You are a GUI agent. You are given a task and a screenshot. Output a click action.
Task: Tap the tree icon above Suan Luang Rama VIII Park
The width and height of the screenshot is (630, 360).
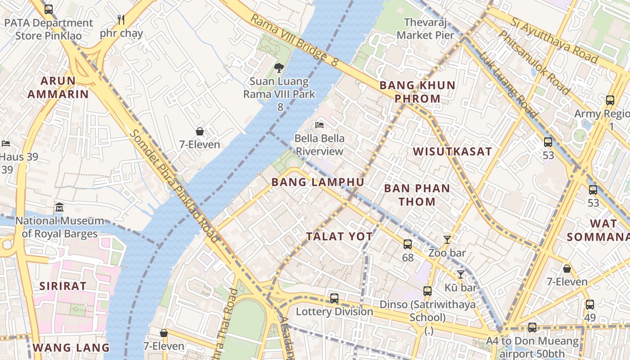(279, 68)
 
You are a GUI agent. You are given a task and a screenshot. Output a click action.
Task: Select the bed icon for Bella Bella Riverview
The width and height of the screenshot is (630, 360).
(319, 125)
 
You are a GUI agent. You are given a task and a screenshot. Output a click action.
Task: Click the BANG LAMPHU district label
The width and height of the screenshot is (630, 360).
(318, 182)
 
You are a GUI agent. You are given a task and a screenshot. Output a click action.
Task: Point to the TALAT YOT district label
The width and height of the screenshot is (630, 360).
(339, 236)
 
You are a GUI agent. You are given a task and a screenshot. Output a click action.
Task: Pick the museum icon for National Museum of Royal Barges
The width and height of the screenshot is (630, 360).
(59, 207)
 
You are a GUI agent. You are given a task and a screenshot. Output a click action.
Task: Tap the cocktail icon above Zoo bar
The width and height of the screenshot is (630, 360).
(447, 240)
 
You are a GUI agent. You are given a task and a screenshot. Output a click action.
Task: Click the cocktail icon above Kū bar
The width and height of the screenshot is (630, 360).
(460, 274)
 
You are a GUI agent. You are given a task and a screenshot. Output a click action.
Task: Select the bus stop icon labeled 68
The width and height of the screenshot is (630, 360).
(408, 244)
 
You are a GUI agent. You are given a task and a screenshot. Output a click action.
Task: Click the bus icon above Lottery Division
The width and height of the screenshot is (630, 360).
(334, 298)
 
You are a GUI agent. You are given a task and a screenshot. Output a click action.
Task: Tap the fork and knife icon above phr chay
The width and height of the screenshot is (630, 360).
(121, 20)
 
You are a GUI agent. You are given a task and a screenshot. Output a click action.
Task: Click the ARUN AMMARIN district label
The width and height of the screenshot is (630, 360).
(58, 87)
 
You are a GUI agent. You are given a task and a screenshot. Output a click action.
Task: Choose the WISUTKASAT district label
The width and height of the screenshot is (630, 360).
(452, 152)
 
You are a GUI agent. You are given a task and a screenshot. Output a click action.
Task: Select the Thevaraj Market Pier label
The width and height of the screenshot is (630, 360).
(426, 28)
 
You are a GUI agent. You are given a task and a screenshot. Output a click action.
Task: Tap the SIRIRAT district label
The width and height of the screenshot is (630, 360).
(63, 286)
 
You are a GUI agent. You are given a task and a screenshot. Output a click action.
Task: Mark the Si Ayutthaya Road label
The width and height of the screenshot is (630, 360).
(554, 40)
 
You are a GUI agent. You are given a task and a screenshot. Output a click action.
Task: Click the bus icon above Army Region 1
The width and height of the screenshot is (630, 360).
(610, 100)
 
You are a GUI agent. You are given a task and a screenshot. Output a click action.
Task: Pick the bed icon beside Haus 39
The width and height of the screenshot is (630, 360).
(6, 144)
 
